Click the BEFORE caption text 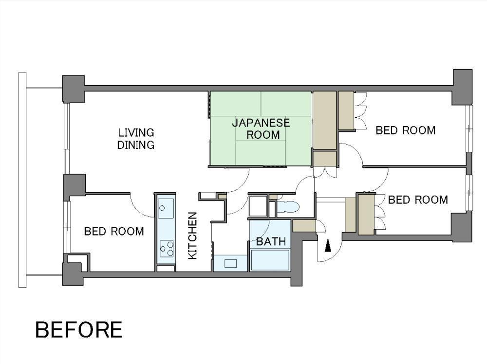click(79, 329)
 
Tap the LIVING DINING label click(136, 139)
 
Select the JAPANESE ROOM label click(261, 129)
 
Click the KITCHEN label click(192, 236)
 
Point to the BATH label click(271, 241)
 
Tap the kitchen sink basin click(166, 208)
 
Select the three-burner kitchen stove click(167, 249)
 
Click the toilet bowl click(288, 207)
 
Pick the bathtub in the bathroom click(270, 260)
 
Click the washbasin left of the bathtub click(230, 263)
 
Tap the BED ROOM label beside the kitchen click(114, 231)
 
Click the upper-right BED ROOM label click(405, 130)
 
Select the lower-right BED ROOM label click(418, 200)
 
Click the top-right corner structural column click(462, 87)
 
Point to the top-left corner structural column click(74, 89)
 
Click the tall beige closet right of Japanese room click(324, 120)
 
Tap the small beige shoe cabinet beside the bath click(304, 226)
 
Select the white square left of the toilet click(258, 206)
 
